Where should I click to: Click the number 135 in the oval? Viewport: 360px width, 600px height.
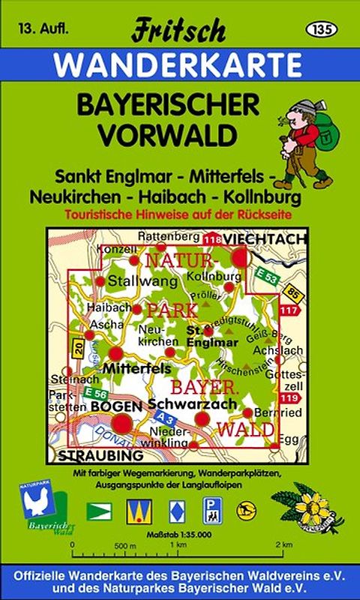[x=322, y=28]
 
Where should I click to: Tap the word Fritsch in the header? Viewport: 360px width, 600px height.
[x=178, y=31]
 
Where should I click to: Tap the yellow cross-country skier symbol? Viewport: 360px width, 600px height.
[x=244, y=511]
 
